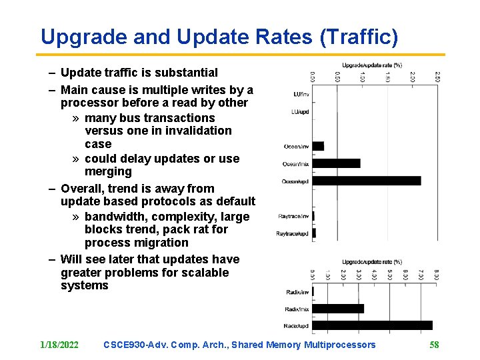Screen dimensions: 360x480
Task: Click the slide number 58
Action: coord(434,345)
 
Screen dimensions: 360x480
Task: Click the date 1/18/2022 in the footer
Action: coord(59,345)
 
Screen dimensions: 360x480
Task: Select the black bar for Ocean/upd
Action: coord(367,181)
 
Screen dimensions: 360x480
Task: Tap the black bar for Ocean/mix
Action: coord(336,163)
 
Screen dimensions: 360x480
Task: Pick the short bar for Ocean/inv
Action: coord(318,146)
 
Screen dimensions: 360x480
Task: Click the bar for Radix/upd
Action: coord(372,325)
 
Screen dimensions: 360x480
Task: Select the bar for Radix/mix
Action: coord(338,309)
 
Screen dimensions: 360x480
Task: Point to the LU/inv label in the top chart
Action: coord(301,94)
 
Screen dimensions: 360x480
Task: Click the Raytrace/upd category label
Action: coord(293,233)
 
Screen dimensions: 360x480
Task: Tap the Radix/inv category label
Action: coord(297,292)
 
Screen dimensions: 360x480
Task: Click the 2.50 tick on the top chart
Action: coord(437,78)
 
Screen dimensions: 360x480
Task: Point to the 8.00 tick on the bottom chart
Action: coord(437,274)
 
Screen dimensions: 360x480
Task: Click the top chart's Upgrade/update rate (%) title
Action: coord(371,65)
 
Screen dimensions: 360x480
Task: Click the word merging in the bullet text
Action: coord(108,171)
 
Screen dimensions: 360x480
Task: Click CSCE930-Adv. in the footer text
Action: coord(135,345)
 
